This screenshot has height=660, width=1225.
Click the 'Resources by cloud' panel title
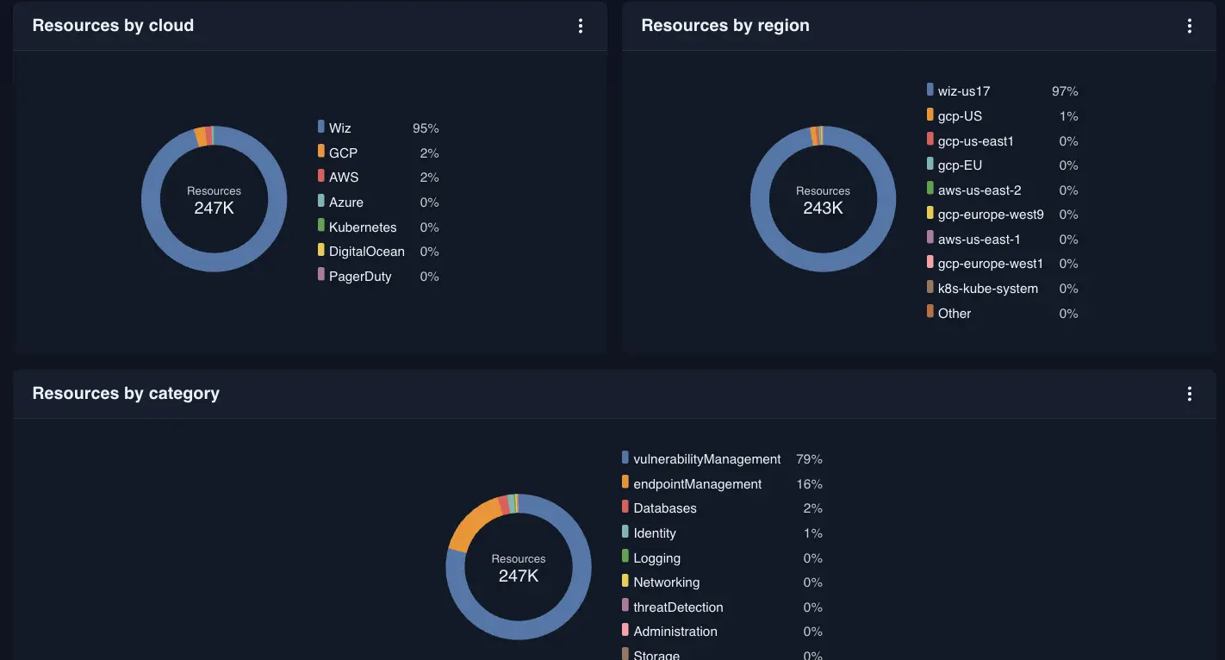pyautogui.click(x=113, y=26)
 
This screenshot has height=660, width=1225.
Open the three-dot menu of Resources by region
pyautogui.click(x=1189, y=26)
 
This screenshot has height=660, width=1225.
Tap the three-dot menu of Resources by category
pyautogui.click(x=1189, y=394)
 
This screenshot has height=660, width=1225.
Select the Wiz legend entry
pyautogui.click(x=339, y=128)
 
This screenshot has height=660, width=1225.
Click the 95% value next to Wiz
pyautogui.click(x=426, y=128)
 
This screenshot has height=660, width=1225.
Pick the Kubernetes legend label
pyautogui.click(x=363, y=227)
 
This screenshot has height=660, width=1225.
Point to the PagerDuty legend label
pyautogui.click(x=360, y=277)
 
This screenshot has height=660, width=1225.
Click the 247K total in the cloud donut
pyautogui.click(x=214, y=209)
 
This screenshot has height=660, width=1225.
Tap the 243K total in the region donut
pyautogui.click(x=823, y=209)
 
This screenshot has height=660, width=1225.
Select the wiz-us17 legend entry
pyautogui.click(x=963, y=91)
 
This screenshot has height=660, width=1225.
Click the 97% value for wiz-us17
pyautogui.click(x=1065, y=91)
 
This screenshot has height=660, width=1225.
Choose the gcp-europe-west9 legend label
pyautogui.click(x=991, y=215)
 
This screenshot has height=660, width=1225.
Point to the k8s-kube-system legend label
pyautogui.click(x=987, y=289)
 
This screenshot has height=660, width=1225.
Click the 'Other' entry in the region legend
pyautogui.click(x=954, y=314)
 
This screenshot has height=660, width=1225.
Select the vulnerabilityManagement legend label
pyautogui.click(x=706, y=459)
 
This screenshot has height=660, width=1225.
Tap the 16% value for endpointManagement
pyautogui.click(x=809, y=484)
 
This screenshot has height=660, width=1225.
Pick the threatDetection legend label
pyautogui.click(x=678, y=607)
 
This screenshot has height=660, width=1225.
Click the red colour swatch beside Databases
pyautogui.click(x=625, y=507)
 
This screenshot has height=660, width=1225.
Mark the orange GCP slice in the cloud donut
pyautogui.click(x=201, y=136)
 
